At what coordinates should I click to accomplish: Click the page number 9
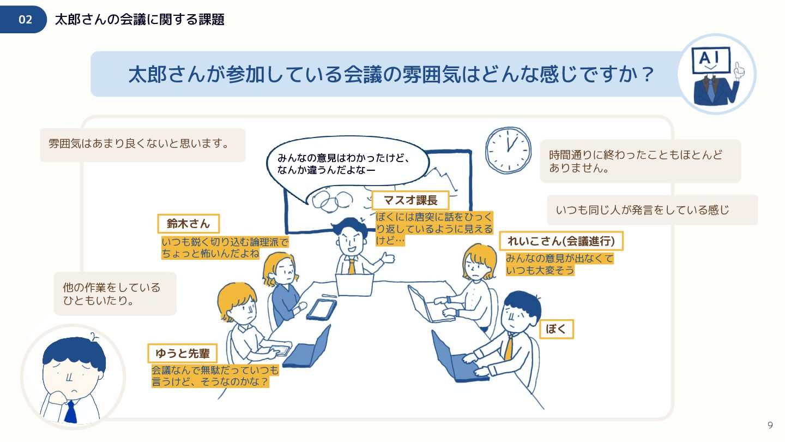pyautogui.click(x=770, y=425)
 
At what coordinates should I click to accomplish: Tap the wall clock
pyautogui.click(x=508, y=150)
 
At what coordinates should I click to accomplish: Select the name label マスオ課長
pyautogui.click(x=410, y=200)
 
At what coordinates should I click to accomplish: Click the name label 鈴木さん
pyautogui.click(x=189, y=224)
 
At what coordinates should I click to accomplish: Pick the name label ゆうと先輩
pyautogui.click(x=183, y=353)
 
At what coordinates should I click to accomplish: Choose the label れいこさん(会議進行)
pyautogui.click(x=561, y=241)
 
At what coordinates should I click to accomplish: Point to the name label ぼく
pyautogui.click(x=556, y=329)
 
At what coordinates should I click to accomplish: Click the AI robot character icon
pyautogui.click(x=717, y=74)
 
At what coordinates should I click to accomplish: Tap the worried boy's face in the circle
pyautogui.click(x=73, y=377)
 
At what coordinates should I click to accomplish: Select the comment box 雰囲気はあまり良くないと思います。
pyautogui.click(x=143, y=145)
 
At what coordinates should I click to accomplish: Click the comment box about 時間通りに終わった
pyautogui.click(x=640, y=161)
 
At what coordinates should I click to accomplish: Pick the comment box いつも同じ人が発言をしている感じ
pyautogui.click(x=652, y=210)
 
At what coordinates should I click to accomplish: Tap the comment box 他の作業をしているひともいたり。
pyautogui.click(x=115, y=294)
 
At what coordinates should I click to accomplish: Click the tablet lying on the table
pyautogui.click(x=322, y=309)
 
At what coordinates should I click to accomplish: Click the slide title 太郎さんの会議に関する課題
pyautogui.click(x=140, y=19)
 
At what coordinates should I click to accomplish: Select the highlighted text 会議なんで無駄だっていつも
pyautogui.click(x=215, y=370)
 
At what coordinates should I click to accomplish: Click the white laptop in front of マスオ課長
pyautogui.click(x=354, y=285)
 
